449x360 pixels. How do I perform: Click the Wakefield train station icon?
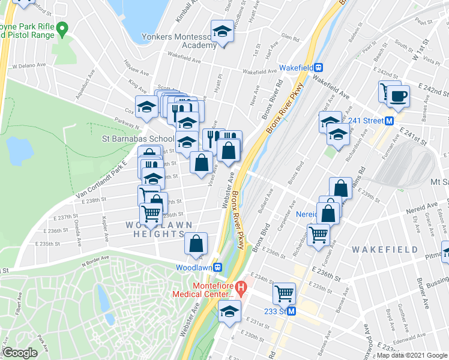tap(319, 68)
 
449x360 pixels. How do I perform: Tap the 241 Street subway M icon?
tap(389, 120)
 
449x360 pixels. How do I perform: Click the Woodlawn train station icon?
tap(218, 267)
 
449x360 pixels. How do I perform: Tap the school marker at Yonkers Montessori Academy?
tap(222, 32)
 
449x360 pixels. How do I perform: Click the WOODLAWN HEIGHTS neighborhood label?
tap(158, 230)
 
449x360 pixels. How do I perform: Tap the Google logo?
tap(20, 352)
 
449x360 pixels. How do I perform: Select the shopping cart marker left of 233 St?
tap(284, 294)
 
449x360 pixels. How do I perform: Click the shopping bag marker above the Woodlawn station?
tap(196, 244)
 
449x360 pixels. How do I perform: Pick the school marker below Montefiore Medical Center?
tap(229, 311)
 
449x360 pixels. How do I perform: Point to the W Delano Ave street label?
tap(29, 66)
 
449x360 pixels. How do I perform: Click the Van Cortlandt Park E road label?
tap(102, 178)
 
